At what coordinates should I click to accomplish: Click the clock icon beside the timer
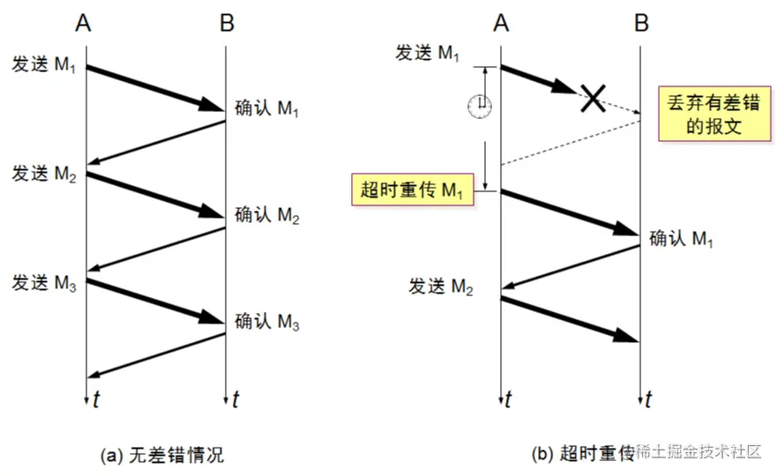[480, 106]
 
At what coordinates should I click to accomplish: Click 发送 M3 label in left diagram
[44, 283]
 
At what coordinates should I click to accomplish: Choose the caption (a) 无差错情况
[163, 456]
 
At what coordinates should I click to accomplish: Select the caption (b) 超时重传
[582, 455]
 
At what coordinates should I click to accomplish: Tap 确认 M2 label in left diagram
[267, 215]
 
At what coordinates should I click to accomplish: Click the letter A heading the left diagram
[84, 24]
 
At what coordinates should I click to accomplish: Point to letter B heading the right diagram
[642, 24]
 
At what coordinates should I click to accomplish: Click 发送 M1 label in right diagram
[428, 53]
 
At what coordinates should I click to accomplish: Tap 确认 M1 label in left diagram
[267, 108]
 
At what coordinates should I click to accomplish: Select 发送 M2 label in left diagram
[44, 174]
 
